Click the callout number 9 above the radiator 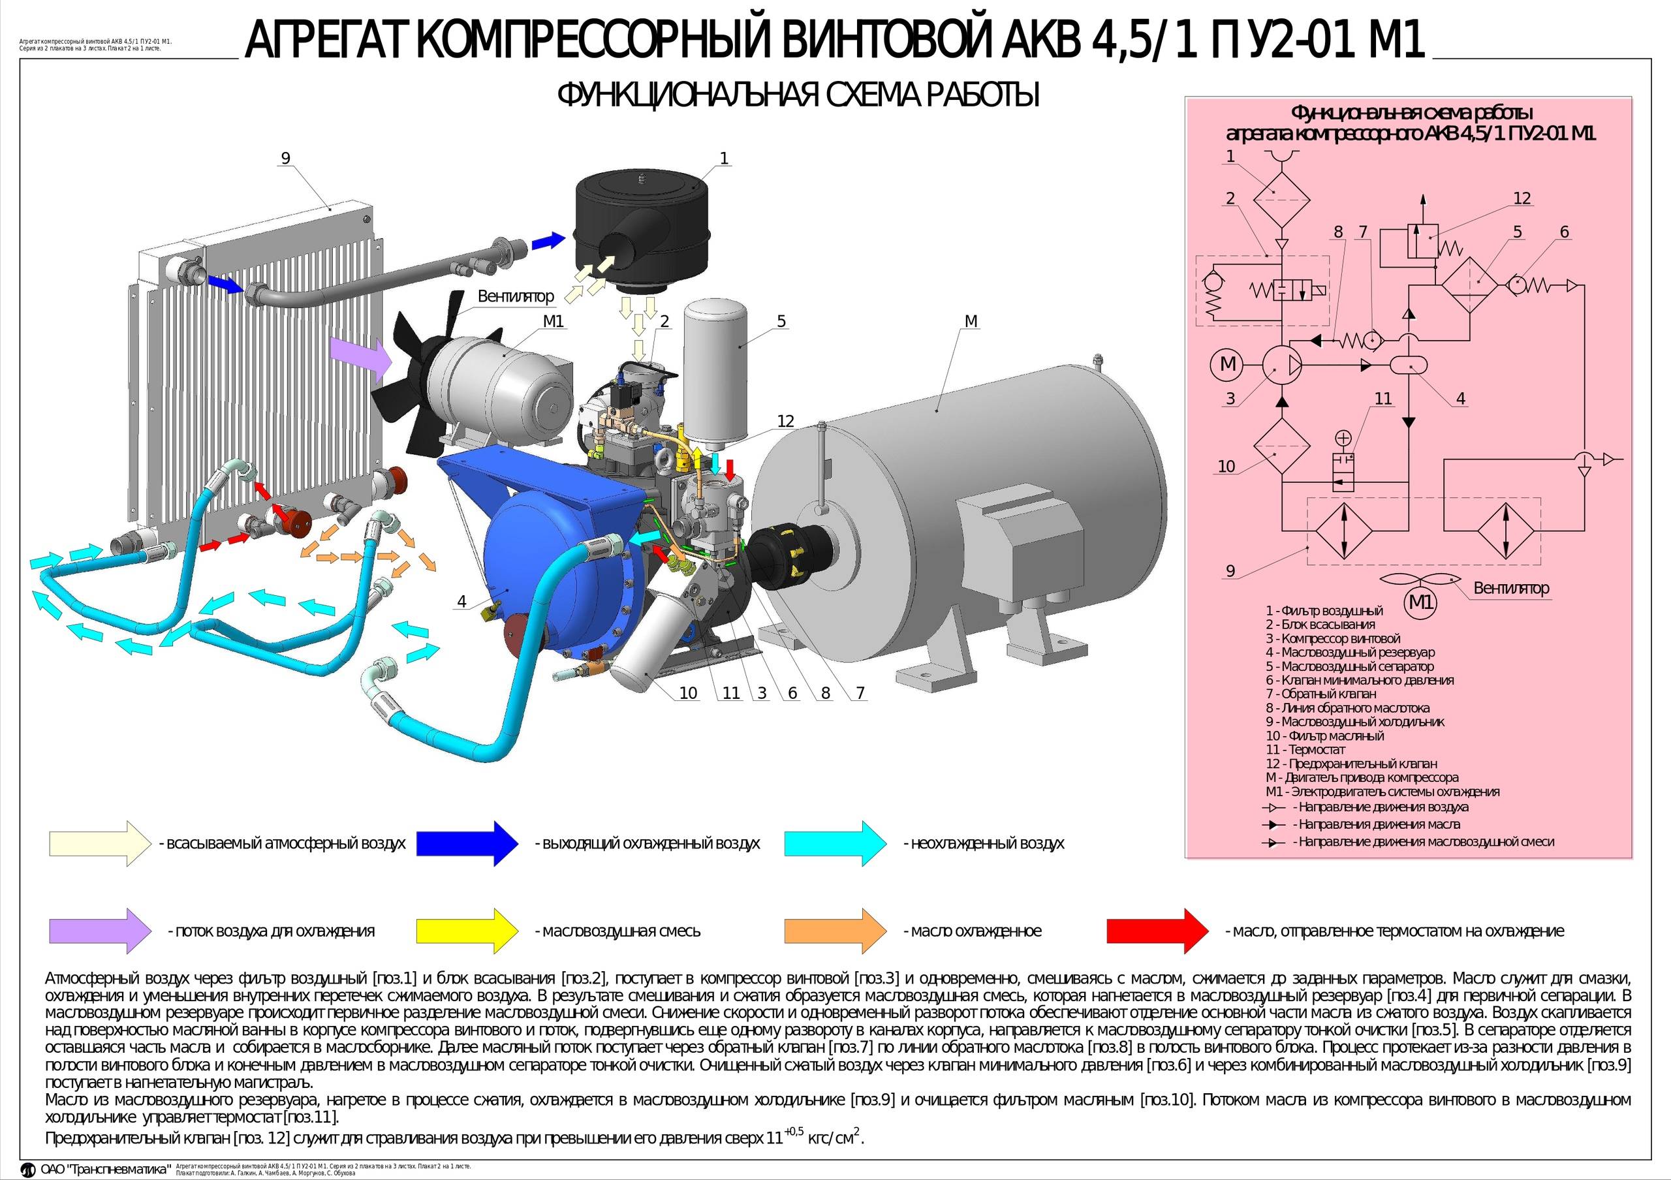point(285,158)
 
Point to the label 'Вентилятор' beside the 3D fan point(515,297)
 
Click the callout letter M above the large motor point(970,321)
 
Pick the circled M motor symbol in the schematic point(1228,364)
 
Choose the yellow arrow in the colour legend point(467,931)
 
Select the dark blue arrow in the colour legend point(467,844)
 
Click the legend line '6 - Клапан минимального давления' point(1360,680)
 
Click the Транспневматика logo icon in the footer point(27,1170)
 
